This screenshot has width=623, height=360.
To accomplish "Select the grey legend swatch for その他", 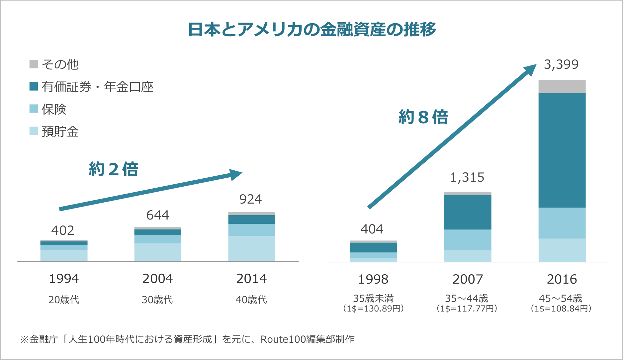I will [34, 64].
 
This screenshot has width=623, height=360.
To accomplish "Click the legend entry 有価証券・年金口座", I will [97, 87].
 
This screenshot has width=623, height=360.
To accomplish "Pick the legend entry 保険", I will [54, 109].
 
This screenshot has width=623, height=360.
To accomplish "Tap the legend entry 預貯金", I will [60, 132].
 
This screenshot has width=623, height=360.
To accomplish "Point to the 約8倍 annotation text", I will [423, 117].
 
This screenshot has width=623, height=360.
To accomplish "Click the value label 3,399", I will [561, 64].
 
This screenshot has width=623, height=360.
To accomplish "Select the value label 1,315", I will [467, 177].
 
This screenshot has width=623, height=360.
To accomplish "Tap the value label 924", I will [250, 199].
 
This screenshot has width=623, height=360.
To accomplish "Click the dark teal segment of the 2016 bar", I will [562, 150].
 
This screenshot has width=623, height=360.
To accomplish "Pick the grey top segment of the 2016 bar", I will [562, 87].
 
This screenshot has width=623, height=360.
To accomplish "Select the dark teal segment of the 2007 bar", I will [468, 212].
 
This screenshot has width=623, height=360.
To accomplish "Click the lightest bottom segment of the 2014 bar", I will [252, 248].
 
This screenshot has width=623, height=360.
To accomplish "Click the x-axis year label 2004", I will [157, 279].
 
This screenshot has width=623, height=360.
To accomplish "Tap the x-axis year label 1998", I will [373, 279].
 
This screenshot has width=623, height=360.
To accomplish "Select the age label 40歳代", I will [251, 300].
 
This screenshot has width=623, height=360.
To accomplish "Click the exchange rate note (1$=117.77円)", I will [467, 309].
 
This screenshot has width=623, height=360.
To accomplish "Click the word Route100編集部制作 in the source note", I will [308, 339].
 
